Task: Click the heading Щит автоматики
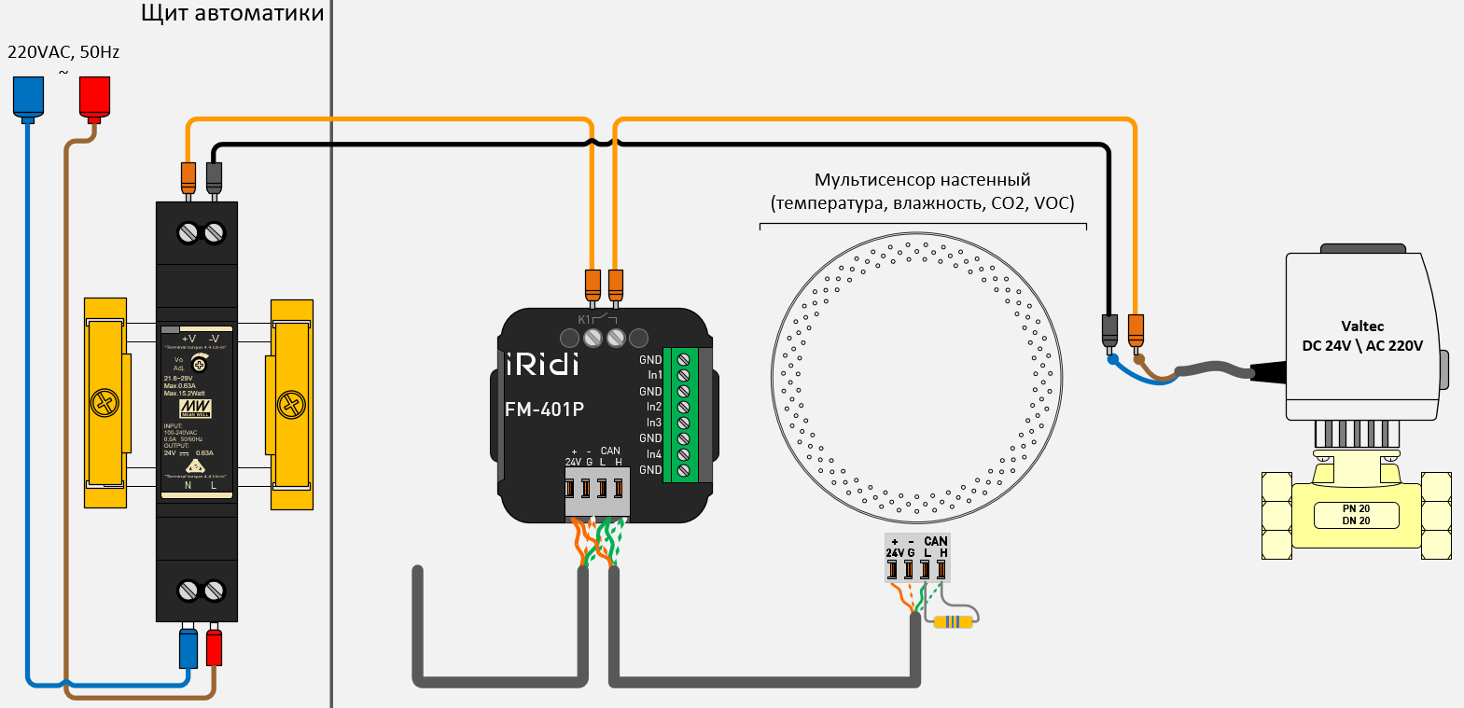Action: click(x=232, y=13)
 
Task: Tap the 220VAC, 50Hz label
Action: click(x=63, y=52)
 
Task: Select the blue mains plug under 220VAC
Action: click(x=28, y=97)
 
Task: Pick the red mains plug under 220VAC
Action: click(x=94, y=97)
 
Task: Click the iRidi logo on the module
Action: click(x=542, y=363)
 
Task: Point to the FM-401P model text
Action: click(x=544, y=409)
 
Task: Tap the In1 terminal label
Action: click(x=654, y=375)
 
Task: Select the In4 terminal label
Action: click(x=654, y=454)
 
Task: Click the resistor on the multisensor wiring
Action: click(x=953, y=622)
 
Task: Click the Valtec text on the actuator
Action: click(x=1362, y=326)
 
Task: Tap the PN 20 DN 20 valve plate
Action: click(x=1356, y=515)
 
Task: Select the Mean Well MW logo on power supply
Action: click(x=195, y=409)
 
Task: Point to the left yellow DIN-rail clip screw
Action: click(x=105, y=404)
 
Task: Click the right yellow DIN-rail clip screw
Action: click(x=291, y=404)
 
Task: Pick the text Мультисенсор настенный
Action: click(x=922, y=179)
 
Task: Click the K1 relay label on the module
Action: click(x=584, y=320)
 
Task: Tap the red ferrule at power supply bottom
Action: click(x=214, y=647)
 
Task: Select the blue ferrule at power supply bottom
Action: click(x=188, y=647)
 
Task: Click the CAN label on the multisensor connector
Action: click(x=935, y=541)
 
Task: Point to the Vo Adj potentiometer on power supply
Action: click(x=199, y=365)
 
